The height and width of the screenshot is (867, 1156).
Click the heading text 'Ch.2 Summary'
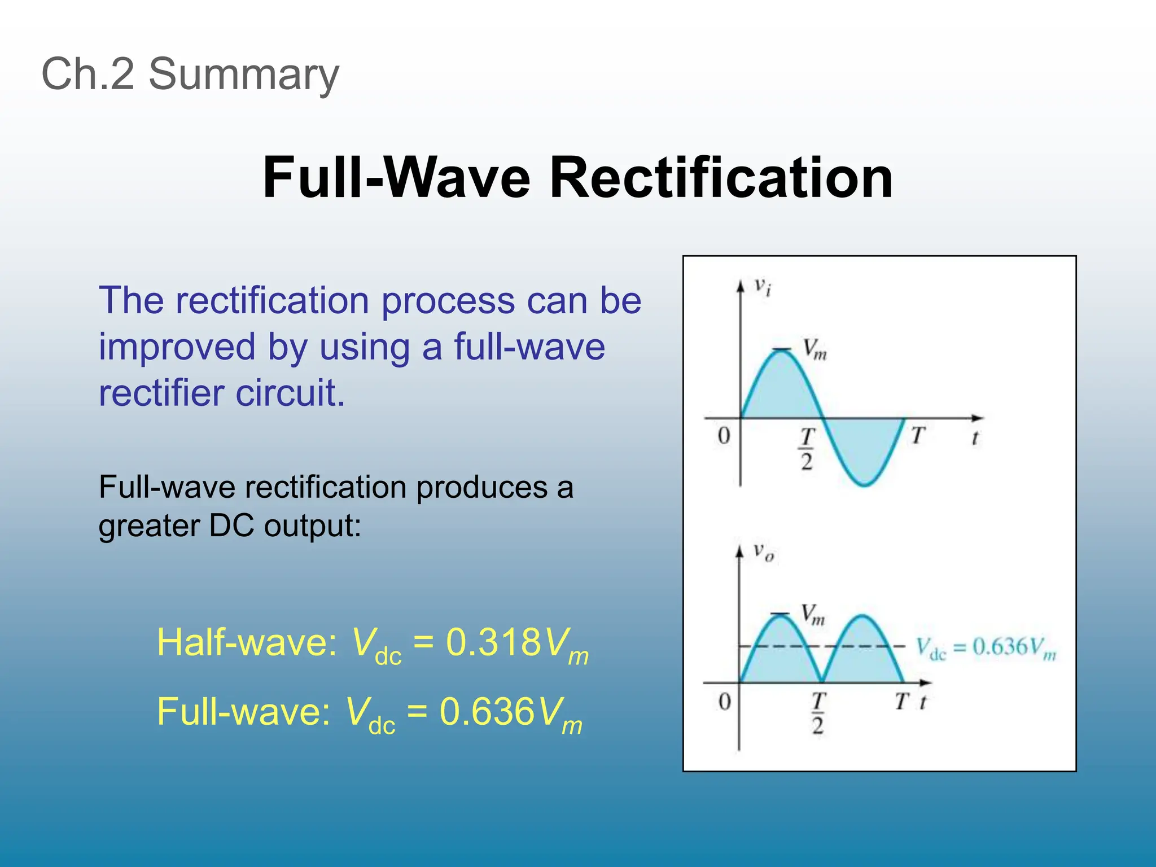pyautogui.click(x=190, y=74)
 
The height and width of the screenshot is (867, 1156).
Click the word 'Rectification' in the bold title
pyautogui.click(x=721, y=178)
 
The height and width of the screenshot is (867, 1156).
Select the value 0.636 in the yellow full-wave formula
pyautogui.click(x=487, y=711)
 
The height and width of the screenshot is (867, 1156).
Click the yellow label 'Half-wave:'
pyautogui.click(x=247, y=642)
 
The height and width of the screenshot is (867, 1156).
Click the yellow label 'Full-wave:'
pyautogui.click(x=244, y=711)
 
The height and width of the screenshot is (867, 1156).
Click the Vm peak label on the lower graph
pyautogui.click(x=813, y=614)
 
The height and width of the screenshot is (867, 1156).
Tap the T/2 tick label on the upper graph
pyautogui.click(x=807, y=449)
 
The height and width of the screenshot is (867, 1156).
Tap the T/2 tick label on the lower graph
pyautogui.click(x=818, y=713)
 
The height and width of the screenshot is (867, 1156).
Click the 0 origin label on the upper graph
pyautogui.click(x=724, y=436)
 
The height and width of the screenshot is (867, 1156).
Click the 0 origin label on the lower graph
pyautogui.click(x=724, y=702)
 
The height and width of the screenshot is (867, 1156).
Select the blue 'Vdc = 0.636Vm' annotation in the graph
pyautogui.click(x=986, y=647)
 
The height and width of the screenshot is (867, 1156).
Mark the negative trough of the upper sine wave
pyautogui.click(x=864, y=484)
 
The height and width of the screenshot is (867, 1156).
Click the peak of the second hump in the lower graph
pyautogui.click(x=862, y=616)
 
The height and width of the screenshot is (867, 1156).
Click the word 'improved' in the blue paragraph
pyautogui.click(x=177, y=347)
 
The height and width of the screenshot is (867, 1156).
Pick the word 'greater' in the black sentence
pyautogui.click(x=148, y=526)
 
